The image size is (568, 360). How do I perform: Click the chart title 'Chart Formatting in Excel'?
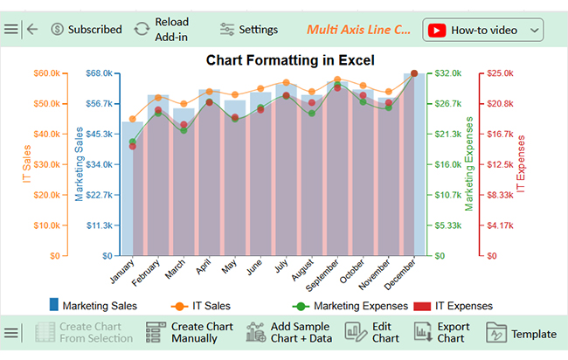click(290, 60)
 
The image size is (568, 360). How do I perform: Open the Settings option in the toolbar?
click(249, 29)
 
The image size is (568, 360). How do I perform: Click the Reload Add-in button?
click(162, 29)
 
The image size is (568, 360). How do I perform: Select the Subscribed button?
click(86, 29)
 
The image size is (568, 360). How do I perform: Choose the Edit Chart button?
click(373, 332)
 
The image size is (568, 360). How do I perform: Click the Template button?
click(521, 333)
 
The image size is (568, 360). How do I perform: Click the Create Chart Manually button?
click(190, 332)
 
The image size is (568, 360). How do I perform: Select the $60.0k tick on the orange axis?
click(45, 73)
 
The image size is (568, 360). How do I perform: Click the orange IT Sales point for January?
click(132, 119)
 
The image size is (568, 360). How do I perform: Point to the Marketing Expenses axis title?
click(468, 163)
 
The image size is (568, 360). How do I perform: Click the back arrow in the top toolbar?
click(32, 29)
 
